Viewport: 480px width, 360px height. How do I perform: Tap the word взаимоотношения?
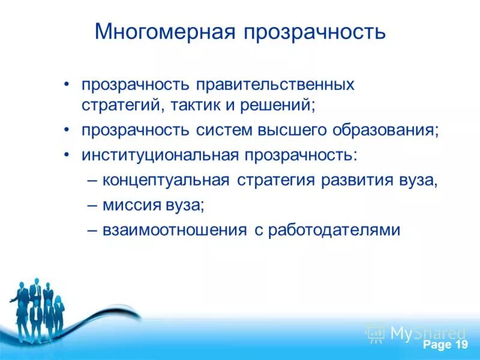click(x=175, y=230)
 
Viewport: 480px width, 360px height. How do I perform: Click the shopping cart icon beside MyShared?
click(x=376, y=332)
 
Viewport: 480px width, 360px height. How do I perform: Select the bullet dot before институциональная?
click(x=68, y=155)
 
